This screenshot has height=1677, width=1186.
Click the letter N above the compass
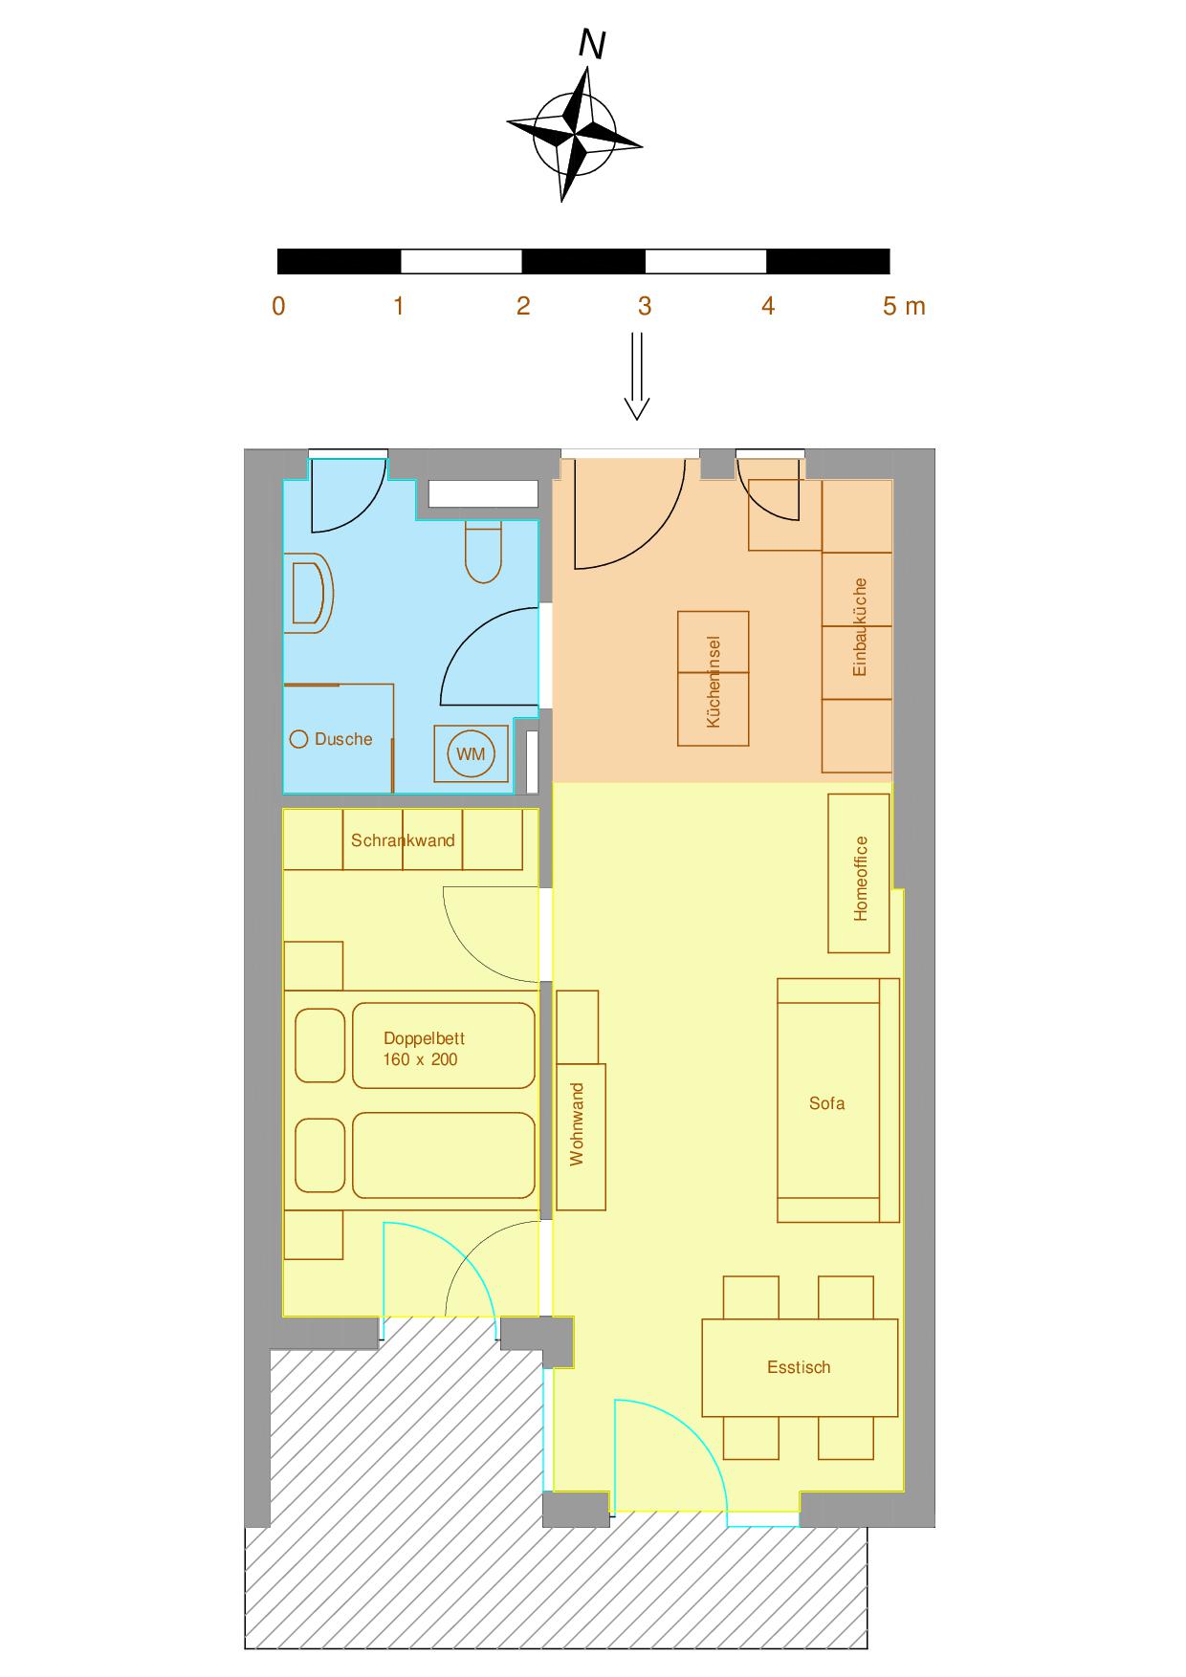coord(593,45)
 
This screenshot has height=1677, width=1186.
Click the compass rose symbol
coord(574,134)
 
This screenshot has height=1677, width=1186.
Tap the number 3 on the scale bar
coord(645,306)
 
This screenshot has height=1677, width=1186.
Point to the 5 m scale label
coord(903,306)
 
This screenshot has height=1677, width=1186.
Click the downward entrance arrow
coord(637,377)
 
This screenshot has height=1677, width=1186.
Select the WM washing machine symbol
coord(471,754)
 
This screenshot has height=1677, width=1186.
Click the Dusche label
coord(343,739)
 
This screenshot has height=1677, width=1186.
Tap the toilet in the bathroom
coord(484,553)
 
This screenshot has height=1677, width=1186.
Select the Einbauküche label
coord(860,627)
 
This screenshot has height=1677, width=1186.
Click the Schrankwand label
coord(403,840)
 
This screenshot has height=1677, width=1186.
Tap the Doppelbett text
coord(424,1038)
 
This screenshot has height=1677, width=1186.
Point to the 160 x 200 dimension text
coord(420,1059)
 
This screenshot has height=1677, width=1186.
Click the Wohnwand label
coord(577,1124)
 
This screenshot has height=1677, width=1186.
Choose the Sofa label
coord(826,1103)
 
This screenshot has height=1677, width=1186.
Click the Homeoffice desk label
coord(861,879)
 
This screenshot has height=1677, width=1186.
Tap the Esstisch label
coord(799,1367)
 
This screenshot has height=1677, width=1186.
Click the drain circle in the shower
coord(298,739)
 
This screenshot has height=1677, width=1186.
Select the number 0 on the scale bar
coord(278,306)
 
